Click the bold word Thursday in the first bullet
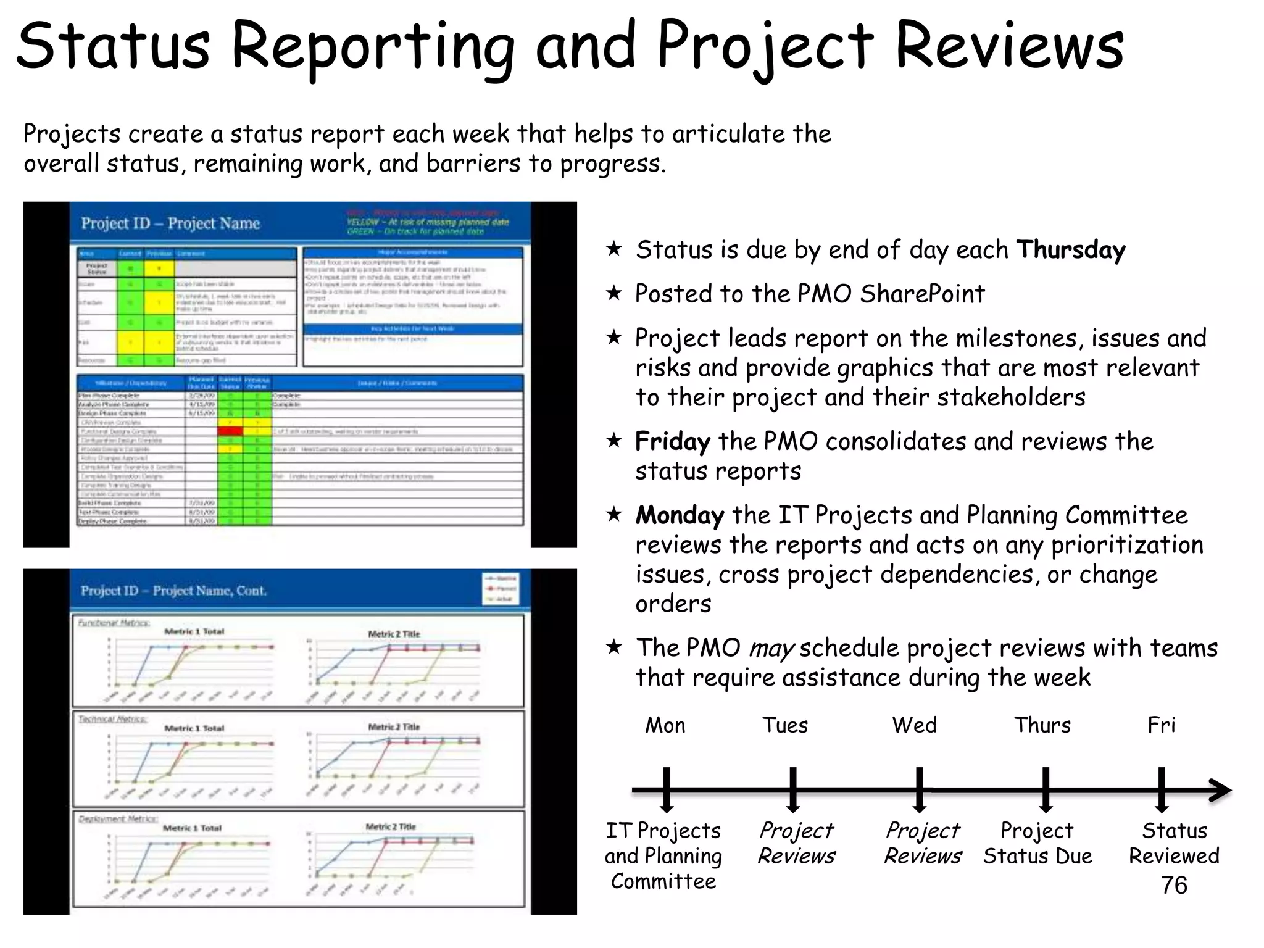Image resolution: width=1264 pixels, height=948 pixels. click(1071, 250)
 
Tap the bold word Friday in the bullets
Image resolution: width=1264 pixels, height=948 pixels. click(673, 442)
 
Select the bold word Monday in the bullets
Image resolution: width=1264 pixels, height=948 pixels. click(680, 515)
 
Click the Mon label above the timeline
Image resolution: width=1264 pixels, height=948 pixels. click(665, 725)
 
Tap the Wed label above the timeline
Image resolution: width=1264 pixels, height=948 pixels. click(914, 725)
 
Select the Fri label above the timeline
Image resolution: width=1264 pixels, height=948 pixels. click(1161, 725)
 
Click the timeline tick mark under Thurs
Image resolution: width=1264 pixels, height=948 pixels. click(1046, 789)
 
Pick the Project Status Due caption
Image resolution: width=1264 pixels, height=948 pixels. click(1037, 843)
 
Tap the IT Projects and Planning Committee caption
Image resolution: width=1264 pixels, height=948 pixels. click(663, 855)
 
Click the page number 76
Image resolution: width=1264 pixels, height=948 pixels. click(1173, 886)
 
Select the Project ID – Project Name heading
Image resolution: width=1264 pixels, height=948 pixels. click(170, 223)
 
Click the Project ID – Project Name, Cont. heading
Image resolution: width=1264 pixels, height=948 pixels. click(173, 591)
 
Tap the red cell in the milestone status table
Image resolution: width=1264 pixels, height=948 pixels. click(230, 431)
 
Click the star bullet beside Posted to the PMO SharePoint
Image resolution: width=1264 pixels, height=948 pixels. click(613, 293)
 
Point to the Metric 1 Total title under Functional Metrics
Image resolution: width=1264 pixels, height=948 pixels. click(194, 631)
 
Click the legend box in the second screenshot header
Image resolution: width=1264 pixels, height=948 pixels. click(501, 588)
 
